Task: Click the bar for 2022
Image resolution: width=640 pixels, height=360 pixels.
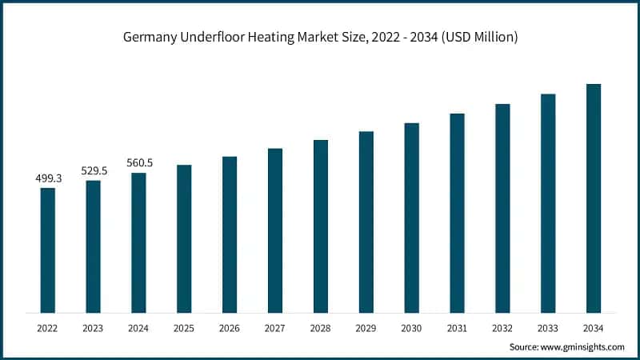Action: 48,250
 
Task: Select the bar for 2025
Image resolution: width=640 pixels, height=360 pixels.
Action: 184,238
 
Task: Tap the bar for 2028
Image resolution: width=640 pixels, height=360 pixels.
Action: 321,226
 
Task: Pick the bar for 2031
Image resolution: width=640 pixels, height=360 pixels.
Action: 457,213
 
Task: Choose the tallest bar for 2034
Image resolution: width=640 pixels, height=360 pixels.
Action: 593,198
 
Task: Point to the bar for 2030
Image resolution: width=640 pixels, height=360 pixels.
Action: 411,218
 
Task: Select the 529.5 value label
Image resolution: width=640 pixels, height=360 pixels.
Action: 94,171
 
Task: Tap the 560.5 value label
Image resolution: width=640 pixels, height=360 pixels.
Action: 139,163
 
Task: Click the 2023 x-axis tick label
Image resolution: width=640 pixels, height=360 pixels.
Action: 94,328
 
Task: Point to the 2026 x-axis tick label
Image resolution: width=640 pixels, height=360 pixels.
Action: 230,328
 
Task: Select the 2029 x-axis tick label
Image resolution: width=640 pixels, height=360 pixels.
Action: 366,328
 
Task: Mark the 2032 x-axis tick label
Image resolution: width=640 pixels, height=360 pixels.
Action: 502,328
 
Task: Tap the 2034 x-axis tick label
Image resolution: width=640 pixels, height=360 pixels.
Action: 593,328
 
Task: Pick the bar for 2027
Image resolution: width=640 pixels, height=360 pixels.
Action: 275,230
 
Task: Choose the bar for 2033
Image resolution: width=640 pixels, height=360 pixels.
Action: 548,203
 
